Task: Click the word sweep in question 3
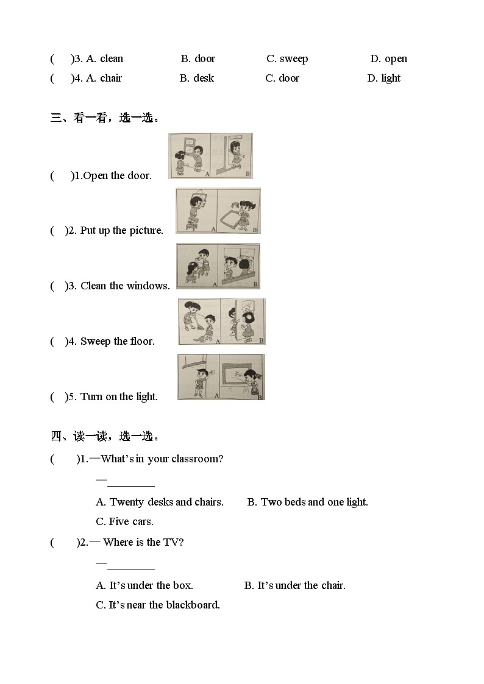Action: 294,59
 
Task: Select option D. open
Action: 388,59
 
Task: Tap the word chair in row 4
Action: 111,78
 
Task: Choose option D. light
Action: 383,78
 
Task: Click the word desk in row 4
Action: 204,78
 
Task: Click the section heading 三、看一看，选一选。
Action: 105,118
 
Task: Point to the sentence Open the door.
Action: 118,176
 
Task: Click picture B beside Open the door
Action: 232,156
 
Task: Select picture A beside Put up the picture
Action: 196,211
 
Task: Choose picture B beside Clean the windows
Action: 239,266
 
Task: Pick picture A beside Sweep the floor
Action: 199,322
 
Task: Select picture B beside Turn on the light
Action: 242,377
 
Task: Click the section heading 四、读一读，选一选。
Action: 105,436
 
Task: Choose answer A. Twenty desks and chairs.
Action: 160,502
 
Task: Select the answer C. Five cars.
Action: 125,521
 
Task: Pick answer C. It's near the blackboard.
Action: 158,605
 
